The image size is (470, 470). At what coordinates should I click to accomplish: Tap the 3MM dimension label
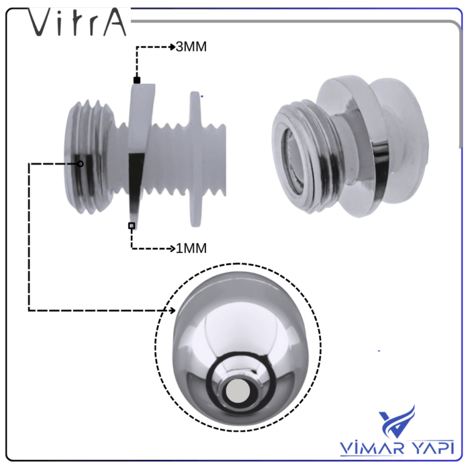[x=191, y=48]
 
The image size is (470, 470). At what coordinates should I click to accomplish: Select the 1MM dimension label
[x=191, y=248]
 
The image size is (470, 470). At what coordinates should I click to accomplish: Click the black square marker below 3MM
[x=136, y=81]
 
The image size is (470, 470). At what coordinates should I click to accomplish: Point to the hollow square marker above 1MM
[x=132, y=226]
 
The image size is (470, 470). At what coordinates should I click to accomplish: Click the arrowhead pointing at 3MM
[x=171, y=48]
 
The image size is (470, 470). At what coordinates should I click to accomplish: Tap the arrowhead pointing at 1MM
[x=171, y=248]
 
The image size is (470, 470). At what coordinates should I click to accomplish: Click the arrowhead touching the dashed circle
[x=173, y=310]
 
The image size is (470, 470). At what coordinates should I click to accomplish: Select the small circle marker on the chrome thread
[x=80, y=163]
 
